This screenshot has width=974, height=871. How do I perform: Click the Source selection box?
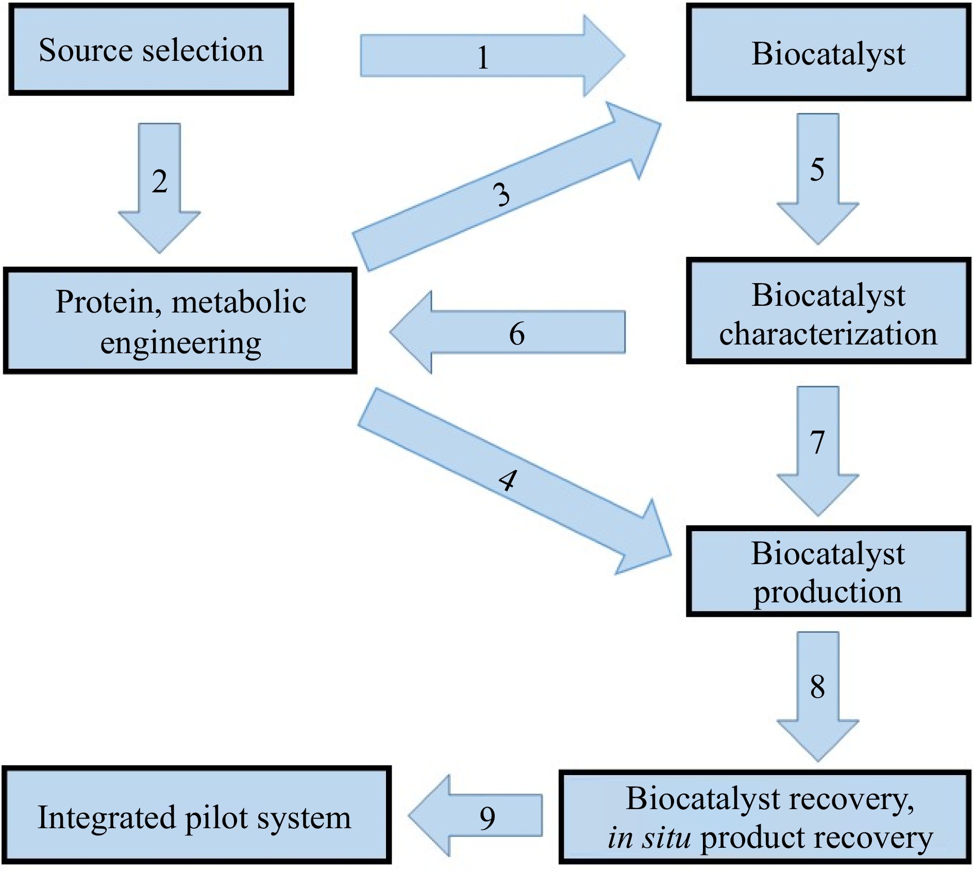coord(151,50)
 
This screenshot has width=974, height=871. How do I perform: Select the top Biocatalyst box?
coord(828,54)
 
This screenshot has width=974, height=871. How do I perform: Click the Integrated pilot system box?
coord(196,817)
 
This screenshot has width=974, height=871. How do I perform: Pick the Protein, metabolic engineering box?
coord(180,321)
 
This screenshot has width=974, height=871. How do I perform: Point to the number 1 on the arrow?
coord(483,57)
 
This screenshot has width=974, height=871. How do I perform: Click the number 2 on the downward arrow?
coord(159,182)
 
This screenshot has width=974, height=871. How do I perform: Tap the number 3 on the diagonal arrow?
coord(501,195)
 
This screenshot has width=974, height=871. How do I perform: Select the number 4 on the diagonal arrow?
coord(508,481)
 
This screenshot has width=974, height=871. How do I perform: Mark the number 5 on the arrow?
coord(817,170)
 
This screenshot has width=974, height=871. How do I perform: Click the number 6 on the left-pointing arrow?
coord(517,334)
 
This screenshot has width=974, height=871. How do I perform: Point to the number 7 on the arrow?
coord(817,442)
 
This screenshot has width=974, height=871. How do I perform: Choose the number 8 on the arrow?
coord(817,687)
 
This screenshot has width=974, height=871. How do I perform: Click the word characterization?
coord(828,334)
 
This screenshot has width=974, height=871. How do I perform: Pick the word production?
coord(828,591)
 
